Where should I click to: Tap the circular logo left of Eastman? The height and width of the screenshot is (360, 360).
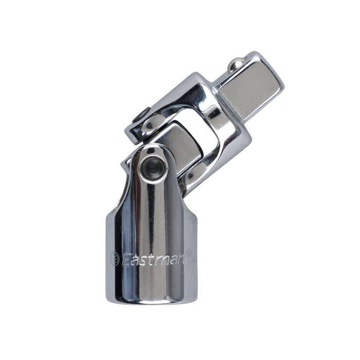(115, 259)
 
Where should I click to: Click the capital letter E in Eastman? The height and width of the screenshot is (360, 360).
(127, 260)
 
